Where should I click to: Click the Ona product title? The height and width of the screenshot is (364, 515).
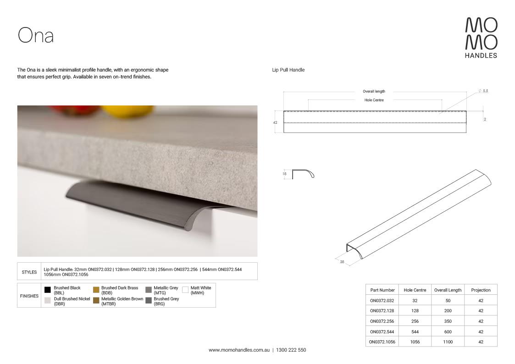coord(35,35)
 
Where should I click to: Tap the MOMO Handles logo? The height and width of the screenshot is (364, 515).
coord(481,38)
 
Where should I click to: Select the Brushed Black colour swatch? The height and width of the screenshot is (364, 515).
coord(48,290)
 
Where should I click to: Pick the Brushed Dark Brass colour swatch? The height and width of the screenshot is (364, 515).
coord(96,290)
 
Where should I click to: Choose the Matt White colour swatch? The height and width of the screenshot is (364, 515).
coord(185,290)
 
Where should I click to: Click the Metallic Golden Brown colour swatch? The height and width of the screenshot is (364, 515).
coord(96,300)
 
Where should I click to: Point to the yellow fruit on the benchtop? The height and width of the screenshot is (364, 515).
coord(127,110)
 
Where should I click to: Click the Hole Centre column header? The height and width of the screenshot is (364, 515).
coord(415,290)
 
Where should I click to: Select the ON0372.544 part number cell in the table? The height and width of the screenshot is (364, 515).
coord(382,332)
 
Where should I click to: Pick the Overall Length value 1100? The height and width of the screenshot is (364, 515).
coord(448,342)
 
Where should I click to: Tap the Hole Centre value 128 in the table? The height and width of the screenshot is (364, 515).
coord(415,311)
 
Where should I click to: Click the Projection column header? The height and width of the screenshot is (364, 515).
coord(481,290)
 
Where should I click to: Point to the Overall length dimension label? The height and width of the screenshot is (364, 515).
coord(374,91)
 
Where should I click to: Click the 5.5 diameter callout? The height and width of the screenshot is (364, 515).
coord(483,91)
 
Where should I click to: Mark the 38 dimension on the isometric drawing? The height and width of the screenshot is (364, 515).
coord(342,262)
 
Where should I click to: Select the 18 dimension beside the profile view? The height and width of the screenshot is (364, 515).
coord(284,174)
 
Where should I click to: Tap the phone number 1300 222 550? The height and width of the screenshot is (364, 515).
coord(291,350)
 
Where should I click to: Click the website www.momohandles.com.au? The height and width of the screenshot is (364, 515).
coord(239,350)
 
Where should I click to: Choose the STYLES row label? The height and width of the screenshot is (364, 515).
coord(29,272)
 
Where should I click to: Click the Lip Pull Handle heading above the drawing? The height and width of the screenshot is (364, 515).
coord(288,70)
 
